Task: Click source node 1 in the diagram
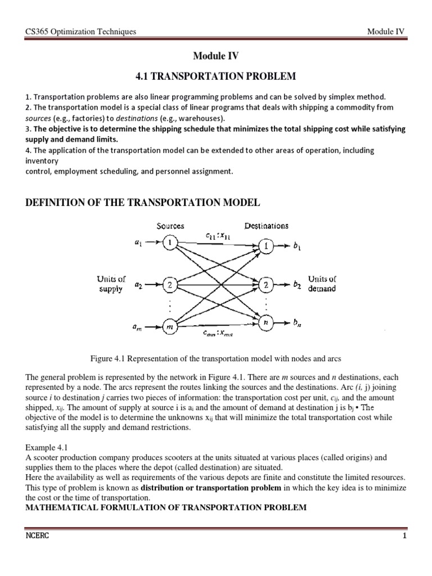pos(169,242)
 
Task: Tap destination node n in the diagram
pos(267,322)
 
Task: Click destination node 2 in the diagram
pos(267,285)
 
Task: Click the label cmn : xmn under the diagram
pos(218,334)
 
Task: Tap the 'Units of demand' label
pos(322,283)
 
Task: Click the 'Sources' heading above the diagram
pos(170,226)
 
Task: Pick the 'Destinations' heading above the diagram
pos(267,226)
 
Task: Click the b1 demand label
pos(299,246)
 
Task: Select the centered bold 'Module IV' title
pos(216,56)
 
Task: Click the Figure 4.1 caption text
pos(216,358)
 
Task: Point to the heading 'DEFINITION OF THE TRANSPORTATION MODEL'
pos(143,202)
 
